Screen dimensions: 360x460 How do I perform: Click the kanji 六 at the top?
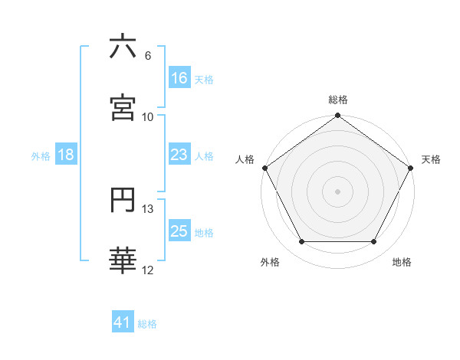click(123, 47)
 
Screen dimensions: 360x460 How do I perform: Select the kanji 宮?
click(123, 108)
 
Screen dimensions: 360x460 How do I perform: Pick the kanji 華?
click(123, 261)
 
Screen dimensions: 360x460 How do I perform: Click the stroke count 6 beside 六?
click(148, 55)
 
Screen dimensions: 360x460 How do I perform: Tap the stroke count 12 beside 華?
click(148, 270)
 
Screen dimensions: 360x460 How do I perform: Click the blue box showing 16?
click(179, 78)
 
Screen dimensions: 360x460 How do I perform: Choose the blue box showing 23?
click(179, 155)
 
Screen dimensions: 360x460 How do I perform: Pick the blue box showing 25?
click(179, 231)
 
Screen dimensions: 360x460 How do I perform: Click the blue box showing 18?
click(66, 155)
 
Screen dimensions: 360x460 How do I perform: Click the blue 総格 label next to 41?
click(147, 324)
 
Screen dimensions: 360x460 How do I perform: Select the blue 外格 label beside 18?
click(41, 155)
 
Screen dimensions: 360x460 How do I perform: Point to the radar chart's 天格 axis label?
click(431, 159)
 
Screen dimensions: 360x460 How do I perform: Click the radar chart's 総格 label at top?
click(338, 100)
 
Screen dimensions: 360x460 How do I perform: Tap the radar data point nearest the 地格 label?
click(374, 242)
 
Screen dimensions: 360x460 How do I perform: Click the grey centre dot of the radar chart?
click(338, 191)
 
